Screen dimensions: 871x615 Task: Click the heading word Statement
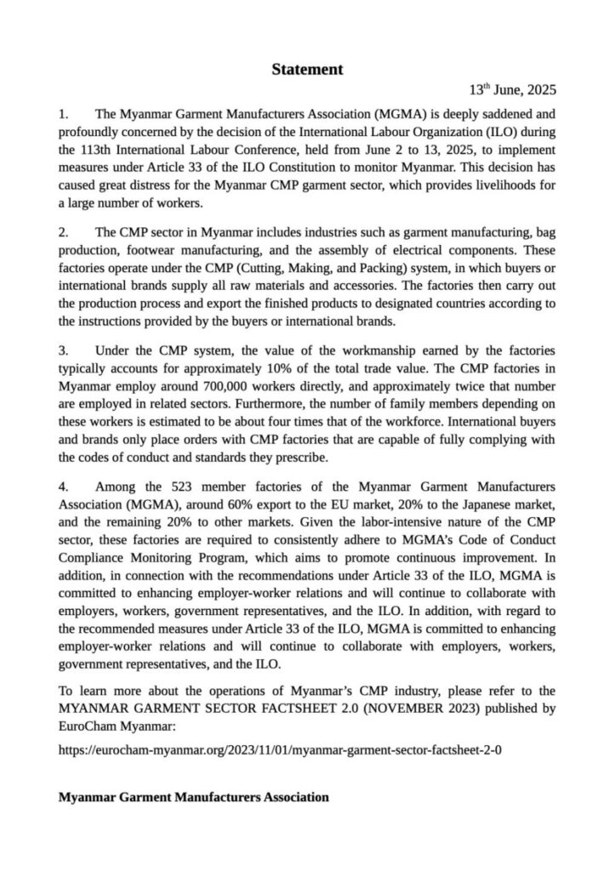tap(307, 70)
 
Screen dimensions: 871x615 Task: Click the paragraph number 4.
tap(62, 487)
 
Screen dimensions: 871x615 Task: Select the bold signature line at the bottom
tap(194, 798)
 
